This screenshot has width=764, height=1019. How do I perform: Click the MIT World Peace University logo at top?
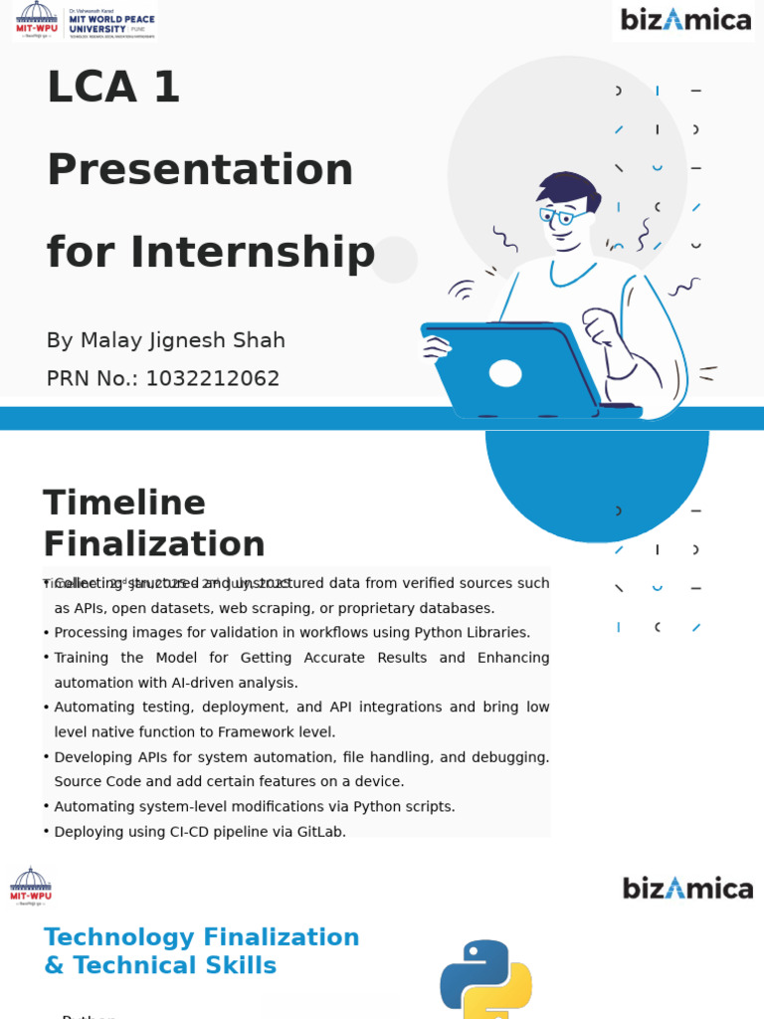point(85,21)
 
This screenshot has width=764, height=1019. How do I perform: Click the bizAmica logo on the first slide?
point(685,20)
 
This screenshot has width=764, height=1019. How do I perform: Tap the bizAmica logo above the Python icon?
point(687,888)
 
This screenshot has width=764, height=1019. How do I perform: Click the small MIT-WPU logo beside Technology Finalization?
point(31,886)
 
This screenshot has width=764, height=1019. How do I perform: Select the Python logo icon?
point(485,979)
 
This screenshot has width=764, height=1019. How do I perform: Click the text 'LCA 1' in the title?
point(113,88)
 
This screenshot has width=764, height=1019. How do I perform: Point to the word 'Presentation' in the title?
point(200,170)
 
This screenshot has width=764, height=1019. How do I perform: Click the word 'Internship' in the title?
point(253,253)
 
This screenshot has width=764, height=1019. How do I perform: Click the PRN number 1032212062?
point(212,379)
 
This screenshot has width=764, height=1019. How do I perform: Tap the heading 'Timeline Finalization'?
point(153,523)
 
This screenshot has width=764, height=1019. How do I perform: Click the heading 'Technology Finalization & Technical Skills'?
point(201,951)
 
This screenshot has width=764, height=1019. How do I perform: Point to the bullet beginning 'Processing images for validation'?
point(291,633)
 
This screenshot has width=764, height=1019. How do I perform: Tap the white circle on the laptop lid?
point(505,373)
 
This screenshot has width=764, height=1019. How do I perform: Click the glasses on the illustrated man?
point(562,215)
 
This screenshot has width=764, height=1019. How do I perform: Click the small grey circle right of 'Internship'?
point(394,259)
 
